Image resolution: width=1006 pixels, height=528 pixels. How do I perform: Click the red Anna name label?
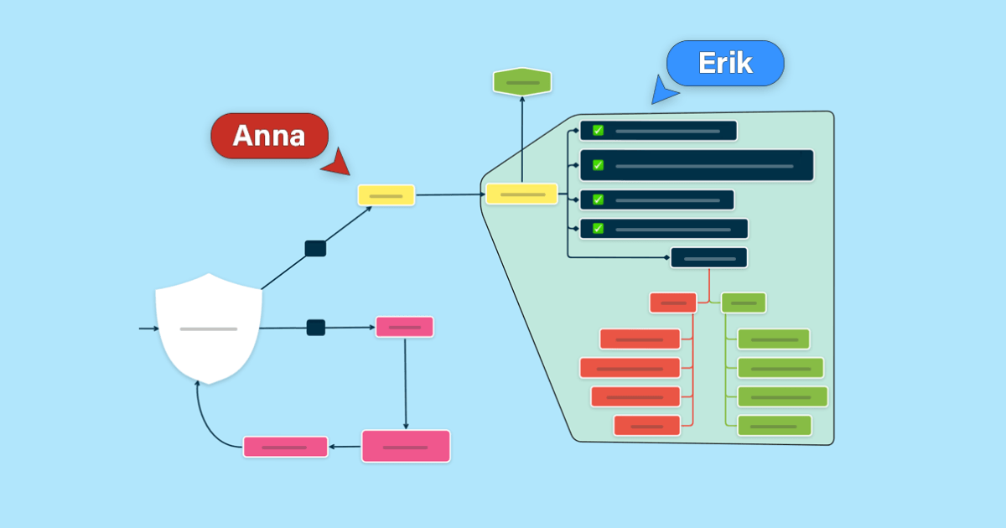point(269,136)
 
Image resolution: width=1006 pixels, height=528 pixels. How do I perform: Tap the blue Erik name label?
point(725,63)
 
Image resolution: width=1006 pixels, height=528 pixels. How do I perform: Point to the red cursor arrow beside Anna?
point(338,163)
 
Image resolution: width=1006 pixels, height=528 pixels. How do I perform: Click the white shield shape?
point(209,329)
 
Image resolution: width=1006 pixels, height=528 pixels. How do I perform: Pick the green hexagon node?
point(522,82)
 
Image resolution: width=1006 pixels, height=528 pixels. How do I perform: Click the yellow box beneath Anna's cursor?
point(386,195)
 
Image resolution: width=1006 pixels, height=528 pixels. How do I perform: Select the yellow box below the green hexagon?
point(521,194)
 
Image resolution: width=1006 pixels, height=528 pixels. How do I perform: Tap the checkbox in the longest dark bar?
point(598,165)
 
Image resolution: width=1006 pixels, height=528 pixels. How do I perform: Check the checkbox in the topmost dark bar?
point(598,131)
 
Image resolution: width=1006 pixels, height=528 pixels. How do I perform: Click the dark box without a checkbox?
point(709,258)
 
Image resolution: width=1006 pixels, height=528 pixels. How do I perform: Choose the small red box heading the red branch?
point(673,303)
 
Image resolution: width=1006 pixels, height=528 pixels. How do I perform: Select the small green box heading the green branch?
point(744,303)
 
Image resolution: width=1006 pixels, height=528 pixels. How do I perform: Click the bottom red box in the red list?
point(647,426)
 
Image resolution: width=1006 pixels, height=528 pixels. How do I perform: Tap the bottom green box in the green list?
point(775,426)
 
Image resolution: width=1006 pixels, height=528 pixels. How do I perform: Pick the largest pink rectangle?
point(406,446)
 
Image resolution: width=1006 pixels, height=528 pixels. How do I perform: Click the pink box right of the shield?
point(405,327)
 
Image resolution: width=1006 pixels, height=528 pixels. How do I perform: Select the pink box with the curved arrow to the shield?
point(286,447)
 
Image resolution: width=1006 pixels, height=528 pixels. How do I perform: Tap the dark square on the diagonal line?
point(315,248)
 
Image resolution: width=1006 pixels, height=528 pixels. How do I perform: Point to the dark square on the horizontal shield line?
point(316,328)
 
